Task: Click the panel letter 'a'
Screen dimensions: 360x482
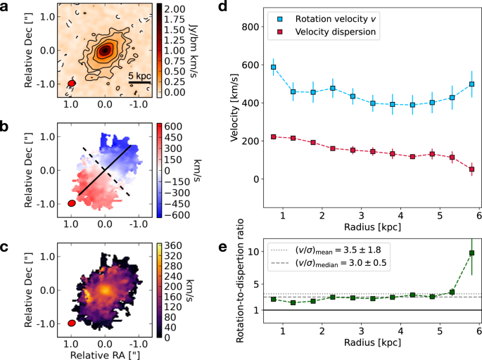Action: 6,6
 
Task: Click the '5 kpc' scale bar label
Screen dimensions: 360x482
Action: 139,75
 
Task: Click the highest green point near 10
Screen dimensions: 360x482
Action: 471,252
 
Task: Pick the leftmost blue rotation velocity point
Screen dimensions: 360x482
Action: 273,67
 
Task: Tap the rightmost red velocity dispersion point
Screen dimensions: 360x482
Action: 471,169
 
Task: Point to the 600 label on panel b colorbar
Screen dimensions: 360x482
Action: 175,126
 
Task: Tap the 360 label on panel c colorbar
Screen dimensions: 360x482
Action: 175,245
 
